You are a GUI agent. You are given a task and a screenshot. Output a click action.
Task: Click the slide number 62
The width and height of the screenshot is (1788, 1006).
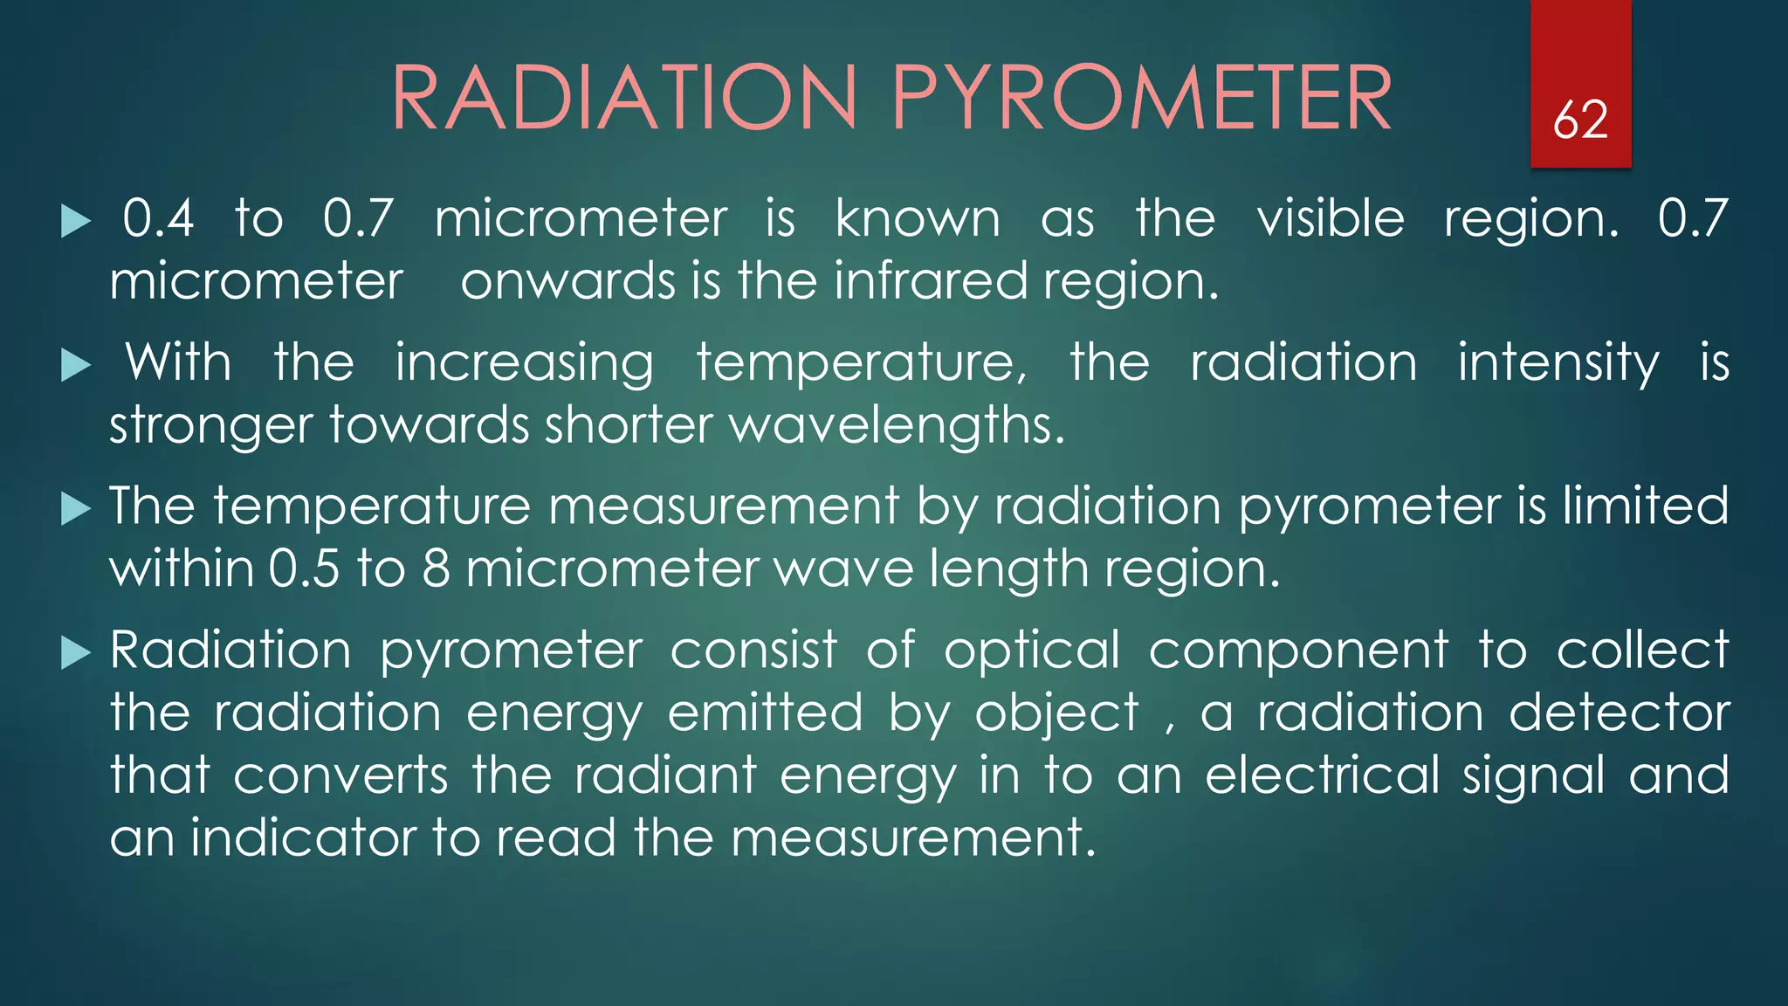click(1580, 120)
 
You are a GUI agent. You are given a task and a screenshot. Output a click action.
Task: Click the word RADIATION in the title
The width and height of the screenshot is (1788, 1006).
click(624, 98)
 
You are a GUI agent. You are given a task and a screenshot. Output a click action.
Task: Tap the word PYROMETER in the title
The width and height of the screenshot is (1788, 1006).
click(1141, 98)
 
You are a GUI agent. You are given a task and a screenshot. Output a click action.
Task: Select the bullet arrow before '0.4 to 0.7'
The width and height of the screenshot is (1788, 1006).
click(76, 222)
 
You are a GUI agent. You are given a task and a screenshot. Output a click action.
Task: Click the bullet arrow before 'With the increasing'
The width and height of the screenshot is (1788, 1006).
click(76, 366)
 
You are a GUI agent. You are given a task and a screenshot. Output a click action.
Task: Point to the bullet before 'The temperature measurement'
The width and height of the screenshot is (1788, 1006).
click(76, 509)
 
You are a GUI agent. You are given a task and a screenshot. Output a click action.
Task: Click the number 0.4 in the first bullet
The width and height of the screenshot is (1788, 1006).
click(158, 218)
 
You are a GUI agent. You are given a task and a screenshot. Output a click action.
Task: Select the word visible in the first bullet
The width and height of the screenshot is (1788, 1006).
click(1331, 218)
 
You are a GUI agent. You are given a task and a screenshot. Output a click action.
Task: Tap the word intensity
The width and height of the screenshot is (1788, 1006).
click(1558, 363)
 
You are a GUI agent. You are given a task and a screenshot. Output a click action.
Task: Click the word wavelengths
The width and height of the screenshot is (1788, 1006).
click(897, 425)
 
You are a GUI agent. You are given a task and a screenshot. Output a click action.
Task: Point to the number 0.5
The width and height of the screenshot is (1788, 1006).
click(304, 568)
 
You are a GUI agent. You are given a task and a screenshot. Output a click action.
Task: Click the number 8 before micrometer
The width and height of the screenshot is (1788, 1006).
click(436, 568)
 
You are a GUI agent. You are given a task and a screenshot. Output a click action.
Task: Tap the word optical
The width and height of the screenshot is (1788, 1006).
click(1032, 651)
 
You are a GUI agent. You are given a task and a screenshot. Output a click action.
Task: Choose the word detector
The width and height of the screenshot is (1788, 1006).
click(1620, 713)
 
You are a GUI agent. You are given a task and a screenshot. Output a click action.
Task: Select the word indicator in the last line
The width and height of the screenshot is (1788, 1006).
click(304, 837)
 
